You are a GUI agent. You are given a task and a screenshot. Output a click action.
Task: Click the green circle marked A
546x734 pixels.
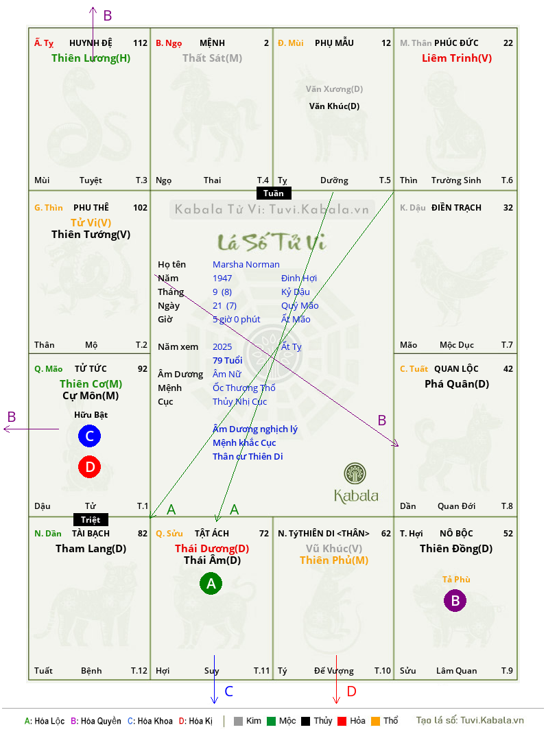click(211, 583)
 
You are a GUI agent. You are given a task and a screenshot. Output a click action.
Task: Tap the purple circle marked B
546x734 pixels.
click(455, 600)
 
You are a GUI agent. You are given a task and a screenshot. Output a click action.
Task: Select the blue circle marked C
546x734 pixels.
click(89, 436)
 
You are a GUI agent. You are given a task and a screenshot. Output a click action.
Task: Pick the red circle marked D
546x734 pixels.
click(89, 466)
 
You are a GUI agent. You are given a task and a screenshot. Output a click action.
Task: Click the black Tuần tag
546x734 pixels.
click(274, 193)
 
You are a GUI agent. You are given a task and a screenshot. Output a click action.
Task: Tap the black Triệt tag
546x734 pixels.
click(91, 519)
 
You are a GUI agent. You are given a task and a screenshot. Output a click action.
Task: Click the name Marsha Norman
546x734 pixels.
click(246, 265)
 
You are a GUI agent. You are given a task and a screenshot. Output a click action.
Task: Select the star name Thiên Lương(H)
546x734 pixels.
click(91, 58)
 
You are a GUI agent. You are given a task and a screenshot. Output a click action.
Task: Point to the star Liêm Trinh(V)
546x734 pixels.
click(457, 58)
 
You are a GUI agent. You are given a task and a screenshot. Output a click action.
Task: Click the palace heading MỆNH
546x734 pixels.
click(212, 43)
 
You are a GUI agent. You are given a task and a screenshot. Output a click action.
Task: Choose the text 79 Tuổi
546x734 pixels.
click(228, 360)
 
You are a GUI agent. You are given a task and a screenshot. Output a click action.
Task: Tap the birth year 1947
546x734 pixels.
click(222, 278)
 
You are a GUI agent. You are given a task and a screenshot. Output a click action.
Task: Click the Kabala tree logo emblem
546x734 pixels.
click(355, 474)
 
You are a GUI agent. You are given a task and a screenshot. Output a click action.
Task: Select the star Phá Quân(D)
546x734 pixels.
click(457, 384)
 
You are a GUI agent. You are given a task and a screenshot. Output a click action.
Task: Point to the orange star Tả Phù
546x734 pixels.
click(456, 580)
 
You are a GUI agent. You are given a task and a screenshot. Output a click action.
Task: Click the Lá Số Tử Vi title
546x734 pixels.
click(272, 242)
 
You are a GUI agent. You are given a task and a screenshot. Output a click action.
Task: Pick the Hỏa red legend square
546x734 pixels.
click(342, 721)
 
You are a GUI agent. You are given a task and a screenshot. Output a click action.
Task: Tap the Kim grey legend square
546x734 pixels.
click(238, 721)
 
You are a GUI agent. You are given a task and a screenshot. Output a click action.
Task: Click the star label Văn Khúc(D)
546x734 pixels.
click(334, 106)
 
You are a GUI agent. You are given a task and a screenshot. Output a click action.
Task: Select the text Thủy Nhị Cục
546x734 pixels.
click(240, 401)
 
